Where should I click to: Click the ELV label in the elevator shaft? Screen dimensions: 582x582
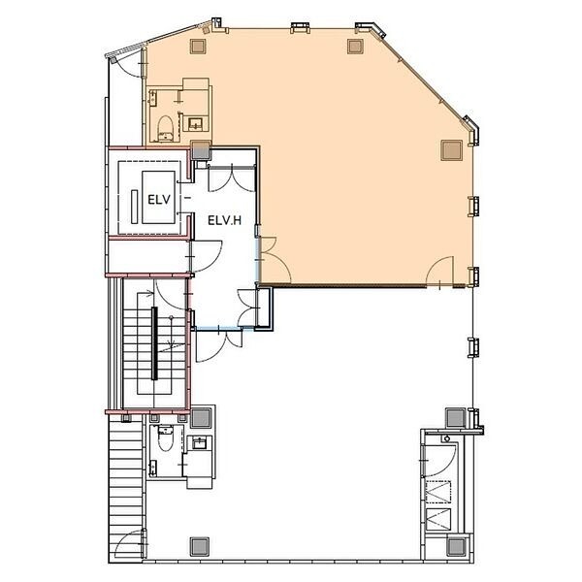(159, 199)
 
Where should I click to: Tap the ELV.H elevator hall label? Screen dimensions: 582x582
(225, 220)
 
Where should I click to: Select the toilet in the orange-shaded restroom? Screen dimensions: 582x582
(166, 128)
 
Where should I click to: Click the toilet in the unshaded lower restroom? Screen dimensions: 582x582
(165, 438)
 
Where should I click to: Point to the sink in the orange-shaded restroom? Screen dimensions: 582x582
(195, 123)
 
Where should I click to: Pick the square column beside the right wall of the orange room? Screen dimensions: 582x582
(451, 150)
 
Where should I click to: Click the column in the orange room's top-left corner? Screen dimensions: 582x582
(198, 46)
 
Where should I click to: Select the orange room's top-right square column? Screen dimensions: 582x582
(355, 47)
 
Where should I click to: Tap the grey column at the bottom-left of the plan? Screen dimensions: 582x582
(200, 546)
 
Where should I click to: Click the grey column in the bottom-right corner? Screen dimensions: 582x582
(456, 546)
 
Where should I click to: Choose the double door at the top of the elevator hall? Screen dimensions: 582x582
(232, 178)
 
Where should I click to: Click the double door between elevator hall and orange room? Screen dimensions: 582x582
(273, 260)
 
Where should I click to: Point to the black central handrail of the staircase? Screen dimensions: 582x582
(154, 343)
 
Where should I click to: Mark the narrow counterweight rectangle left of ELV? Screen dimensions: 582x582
(135, 207)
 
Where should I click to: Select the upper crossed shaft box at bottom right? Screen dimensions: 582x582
(438, 492)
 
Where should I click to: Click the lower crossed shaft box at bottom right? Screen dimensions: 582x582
(438, 519)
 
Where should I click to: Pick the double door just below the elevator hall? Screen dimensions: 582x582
(219, 344)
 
